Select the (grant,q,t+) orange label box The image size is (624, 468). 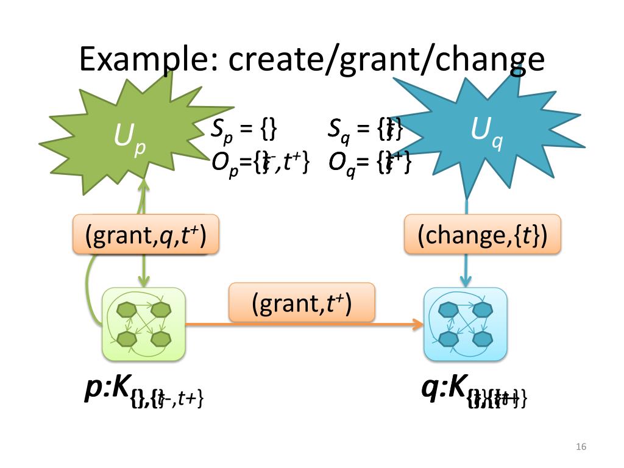click(x=145, y=235)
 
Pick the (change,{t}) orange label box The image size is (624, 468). click(x=482, y=235)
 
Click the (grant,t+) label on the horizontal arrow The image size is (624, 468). click(x=302, y=302)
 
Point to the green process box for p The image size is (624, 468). click(x=143, y=324)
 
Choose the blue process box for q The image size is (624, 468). click(x=465, y=324)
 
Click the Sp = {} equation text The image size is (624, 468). click(x=244, y=129)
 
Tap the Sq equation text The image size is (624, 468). click(x=365, y=129)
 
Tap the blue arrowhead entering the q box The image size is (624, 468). click(x=466, y=282)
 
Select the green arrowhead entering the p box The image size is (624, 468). click(x=144, y=282)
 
